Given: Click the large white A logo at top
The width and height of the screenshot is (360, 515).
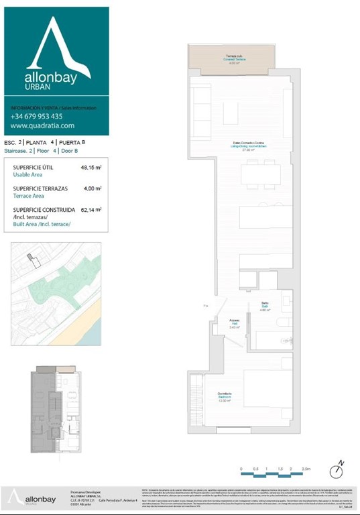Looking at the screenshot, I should click(x=57, y=50).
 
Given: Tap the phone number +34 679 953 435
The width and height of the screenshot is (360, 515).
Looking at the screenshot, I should click(x=36, y=116).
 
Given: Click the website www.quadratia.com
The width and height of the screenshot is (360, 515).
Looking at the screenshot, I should click(x=42, y=125).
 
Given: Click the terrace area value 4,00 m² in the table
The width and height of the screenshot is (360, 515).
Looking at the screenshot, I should click(x=91, y=189).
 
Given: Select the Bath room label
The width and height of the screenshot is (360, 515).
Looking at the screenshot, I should click(x=265, y=307).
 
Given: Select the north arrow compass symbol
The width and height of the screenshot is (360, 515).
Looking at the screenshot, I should click(x=337, y=471).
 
